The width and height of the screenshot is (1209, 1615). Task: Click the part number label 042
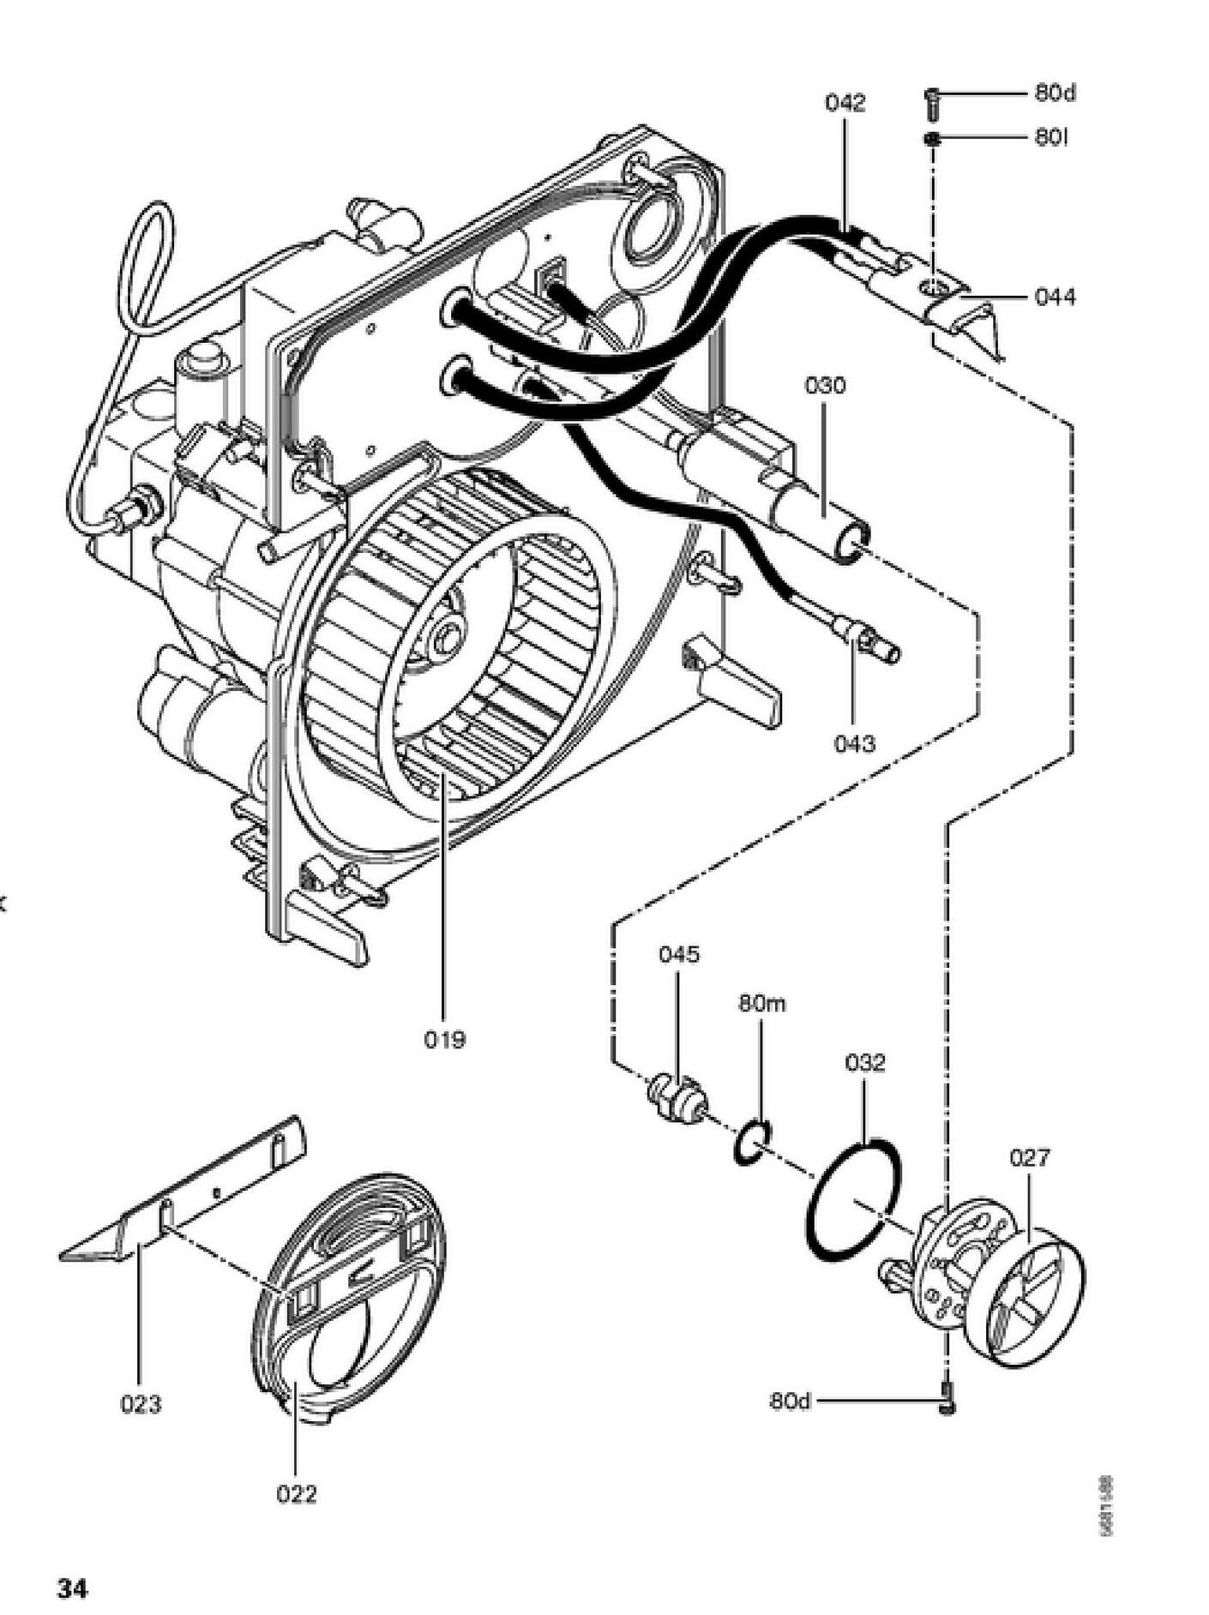(845, 103)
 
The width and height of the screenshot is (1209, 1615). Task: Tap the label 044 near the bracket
(1055, 297)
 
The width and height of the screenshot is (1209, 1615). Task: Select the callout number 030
(825, 385)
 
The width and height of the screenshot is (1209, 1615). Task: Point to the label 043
(855, 742)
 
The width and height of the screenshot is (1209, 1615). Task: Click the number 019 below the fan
(445, 1040)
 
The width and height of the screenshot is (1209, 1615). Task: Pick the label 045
(679, 954)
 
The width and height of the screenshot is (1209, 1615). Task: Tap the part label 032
(864, 1063)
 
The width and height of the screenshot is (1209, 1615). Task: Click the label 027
(1029, 1158)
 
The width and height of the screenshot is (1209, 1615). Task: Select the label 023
(141, 1404)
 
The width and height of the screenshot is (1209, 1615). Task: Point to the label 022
(297, 1494)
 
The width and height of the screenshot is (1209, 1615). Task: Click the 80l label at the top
(1050, 137)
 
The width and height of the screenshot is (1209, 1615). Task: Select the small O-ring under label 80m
(753, 1143)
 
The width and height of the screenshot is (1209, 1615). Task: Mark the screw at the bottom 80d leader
(947, 1401)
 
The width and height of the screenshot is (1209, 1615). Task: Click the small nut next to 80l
(933, 139)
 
